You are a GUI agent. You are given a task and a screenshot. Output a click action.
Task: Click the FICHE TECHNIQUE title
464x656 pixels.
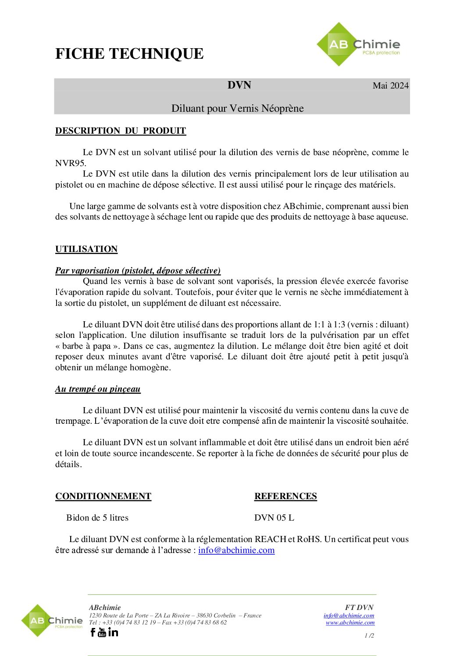pos(129,54)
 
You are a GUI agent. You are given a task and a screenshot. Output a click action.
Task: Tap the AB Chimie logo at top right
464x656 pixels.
pos(358,45)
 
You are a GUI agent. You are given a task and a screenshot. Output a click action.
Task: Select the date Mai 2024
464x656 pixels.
pos(390,85)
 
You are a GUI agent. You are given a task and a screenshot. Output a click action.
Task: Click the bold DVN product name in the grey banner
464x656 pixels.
pos(239,85)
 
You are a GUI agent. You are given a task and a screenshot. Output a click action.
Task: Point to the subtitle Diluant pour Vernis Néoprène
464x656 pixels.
pos(237,108)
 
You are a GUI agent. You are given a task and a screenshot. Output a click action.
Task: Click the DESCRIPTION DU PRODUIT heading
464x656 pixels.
pos(121,131)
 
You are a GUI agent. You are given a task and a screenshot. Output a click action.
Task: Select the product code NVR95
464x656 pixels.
pos(70,163)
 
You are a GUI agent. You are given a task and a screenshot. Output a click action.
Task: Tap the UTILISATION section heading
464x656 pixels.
pos(86,249)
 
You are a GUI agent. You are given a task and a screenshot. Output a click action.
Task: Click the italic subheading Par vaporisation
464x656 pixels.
pos(138,270)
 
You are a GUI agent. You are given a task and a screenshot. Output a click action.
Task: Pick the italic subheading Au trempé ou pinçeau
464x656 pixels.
pos(98,389)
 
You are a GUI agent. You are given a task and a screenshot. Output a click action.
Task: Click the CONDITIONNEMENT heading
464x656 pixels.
pos(103,496)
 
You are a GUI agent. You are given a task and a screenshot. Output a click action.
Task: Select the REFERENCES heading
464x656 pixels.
pos(286,496)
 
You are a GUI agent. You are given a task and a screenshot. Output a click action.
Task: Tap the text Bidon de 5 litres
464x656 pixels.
pos(97,518)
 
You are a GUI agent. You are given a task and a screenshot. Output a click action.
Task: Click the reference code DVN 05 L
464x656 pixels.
pos(274,518)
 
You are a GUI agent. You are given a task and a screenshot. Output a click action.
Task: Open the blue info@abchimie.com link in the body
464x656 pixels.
pos(236,550)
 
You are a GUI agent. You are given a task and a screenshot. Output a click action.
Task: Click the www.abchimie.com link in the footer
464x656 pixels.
pos(350,622)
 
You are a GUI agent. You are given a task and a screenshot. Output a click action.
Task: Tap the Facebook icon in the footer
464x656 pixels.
pos(93,632)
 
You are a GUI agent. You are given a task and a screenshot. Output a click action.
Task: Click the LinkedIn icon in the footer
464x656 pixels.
pos(113,632)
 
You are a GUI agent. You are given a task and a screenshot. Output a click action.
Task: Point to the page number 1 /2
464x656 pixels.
pos(369,635)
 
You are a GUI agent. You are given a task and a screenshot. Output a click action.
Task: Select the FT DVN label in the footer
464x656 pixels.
pos(359,607)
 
